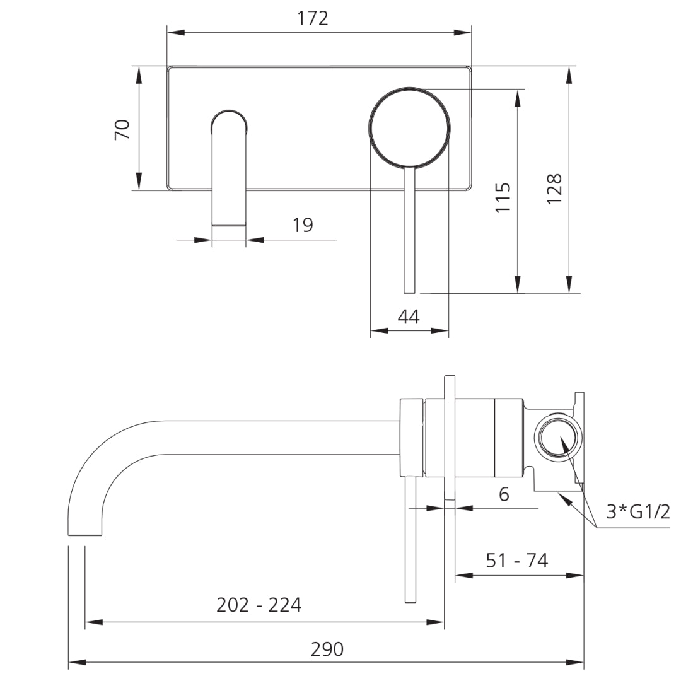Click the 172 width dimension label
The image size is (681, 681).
tap(312, 18)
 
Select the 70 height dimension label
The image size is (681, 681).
tap(122, 129)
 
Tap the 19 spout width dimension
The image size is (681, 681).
tap(303, 225)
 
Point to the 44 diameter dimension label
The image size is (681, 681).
tap(409, 317)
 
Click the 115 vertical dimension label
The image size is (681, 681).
tap(503, 197)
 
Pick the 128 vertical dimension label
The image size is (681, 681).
tap(554, 189)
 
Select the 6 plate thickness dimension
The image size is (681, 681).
tap(504, 494)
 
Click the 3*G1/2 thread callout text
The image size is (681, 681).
tap(638, 511)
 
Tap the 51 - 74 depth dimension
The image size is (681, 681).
tap(517, 561)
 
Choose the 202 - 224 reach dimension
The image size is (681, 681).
tap(259, 605)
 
